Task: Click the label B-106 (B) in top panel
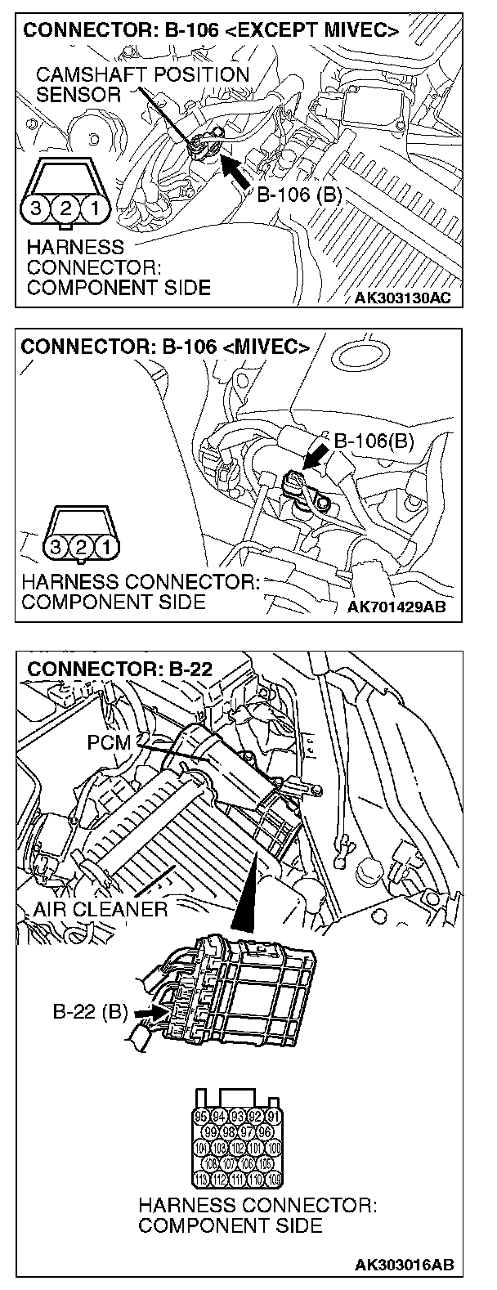tap(298, 195)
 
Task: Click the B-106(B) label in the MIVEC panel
tap(374, 442)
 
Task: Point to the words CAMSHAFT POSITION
tap(142, 74)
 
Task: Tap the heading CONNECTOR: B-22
tap(119, 669)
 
